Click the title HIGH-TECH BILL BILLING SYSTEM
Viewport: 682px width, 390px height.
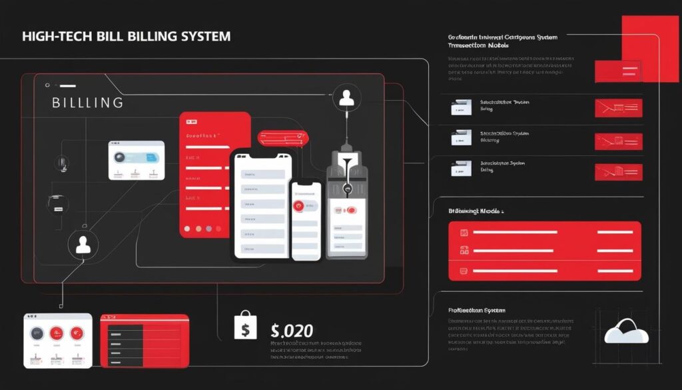click(x=127, y=36)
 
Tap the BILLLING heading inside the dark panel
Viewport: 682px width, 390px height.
click(x=87, y=103)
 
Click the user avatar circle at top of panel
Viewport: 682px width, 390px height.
click(x=346, y=98)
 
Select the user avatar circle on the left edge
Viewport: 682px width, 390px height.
click(x=83, y=245)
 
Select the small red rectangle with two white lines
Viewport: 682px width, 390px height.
click(x=617, y=71)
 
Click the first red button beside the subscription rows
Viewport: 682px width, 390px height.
click(x=618, y=108)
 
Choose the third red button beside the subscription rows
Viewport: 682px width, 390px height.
click(x=618, y=172)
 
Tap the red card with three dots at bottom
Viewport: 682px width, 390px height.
click(x=214, y=175)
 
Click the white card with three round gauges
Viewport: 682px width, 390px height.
click(x=57, y=340)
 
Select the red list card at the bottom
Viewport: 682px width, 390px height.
click(x=144, y=340)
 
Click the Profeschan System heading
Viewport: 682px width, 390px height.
click(x=477, y=311)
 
